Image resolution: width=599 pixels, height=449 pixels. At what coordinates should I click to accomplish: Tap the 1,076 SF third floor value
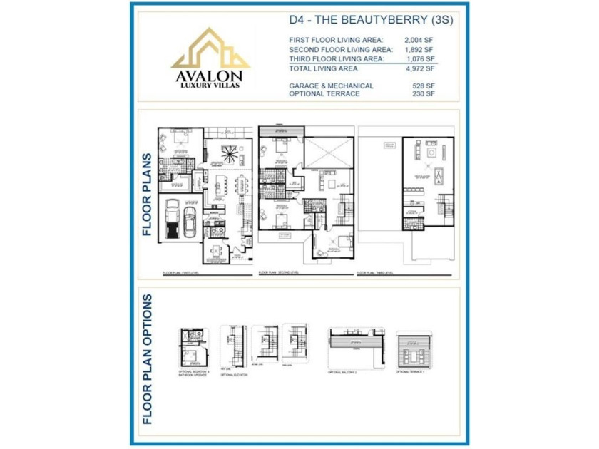(x=419, y=59)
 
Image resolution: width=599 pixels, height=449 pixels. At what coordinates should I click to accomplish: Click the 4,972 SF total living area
(x=419, y=69)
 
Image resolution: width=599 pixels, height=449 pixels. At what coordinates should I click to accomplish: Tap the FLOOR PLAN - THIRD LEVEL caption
(x=375, y=273)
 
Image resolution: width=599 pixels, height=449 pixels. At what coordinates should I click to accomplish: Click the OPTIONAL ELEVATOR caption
(x=233, y=373)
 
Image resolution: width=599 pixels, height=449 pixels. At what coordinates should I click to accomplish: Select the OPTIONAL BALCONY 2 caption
(x=343, y=372)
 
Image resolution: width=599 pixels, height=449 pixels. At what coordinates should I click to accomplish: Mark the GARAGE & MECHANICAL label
(x=331, y=86)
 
